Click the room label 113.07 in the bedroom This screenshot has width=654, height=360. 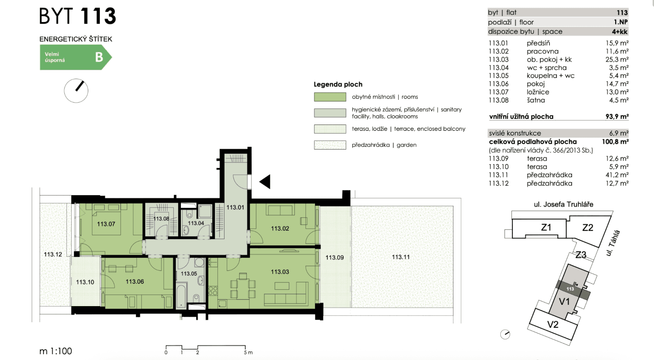tap(106, 224)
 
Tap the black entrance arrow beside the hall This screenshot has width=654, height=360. tap(265, 182)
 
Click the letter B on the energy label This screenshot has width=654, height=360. tap(99, 57)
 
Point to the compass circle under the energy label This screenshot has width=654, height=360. tap(76, 91)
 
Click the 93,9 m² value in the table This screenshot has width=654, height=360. tap(617, 117)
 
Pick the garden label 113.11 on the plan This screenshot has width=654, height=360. tap(400, 257)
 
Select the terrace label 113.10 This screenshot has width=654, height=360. tap(85, 282)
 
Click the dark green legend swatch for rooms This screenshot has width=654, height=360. tap(330, 97)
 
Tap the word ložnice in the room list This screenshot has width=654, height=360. tap(538, 92)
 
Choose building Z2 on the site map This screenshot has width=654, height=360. tap(588, 228)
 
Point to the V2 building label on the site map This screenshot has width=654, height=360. tap(553, 324)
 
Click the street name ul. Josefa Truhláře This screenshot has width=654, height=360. tap(564, 205)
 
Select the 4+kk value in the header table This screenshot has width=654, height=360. tap(619, 32)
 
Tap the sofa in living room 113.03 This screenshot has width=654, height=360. tap(286, 298)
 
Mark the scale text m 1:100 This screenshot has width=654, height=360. tap(56, 351)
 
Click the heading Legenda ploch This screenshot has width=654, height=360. tap(338, 85)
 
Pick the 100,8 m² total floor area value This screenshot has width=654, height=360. tap(615, 142)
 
